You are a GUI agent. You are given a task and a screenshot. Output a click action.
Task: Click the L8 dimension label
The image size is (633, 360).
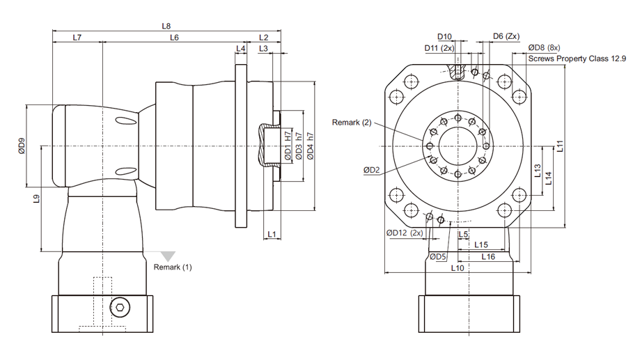[x=166, y=26]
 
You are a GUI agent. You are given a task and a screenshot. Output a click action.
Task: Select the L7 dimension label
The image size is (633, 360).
[x=77, y=38]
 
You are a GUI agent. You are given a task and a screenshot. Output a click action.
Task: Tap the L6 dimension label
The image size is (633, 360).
[x=174, y=38]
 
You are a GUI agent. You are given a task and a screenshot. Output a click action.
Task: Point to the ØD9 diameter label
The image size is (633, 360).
[x=22, y=146]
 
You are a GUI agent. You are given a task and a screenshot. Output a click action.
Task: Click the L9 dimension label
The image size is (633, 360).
[x=36, y=198]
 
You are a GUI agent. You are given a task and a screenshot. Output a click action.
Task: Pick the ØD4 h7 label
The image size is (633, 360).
[x=311, y=146]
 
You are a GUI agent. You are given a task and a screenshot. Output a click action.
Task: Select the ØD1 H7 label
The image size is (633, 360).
[x=288, y=146]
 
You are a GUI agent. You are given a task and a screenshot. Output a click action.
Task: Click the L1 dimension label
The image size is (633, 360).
[x=272, y=234]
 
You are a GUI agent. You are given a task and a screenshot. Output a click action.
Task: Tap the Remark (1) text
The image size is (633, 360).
[x=173, y=267]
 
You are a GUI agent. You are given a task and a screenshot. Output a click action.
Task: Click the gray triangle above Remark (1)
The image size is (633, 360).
[x=168, y=256]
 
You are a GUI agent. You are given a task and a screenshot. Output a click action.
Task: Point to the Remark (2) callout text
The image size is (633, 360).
[x=352, y=123]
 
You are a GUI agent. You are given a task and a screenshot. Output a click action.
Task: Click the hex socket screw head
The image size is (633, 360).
[x=120, y=308]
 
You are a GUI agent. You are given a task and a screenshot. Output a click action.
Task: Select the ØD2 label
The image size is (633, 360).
[x=372, y=170]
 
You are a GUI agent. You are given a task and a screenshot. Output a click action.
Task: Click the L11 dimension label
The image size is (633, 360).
[x=560, y=146]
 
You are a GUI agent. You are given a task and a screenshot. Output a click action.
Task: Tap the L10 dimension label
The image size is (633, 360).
[x=458, y=268]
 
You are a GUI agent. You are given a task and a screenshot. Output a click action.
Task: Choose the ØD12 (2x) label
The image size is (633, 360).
[x=405, y=233]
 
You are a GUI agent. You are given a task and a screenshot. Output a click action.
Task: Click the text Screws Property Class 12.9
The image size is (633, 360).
[x=577, y=58]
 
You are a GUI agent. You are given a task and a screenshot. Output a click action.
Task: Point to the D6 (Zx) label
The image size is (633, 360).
[x=506, y=36]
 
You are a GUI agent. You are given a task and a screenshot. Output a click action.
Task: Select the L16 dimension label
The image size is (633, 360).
[x=488, y=257]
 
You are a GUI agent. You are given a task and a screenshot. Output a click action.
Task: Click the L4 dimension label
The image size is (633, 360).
[x=241, y=49]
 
